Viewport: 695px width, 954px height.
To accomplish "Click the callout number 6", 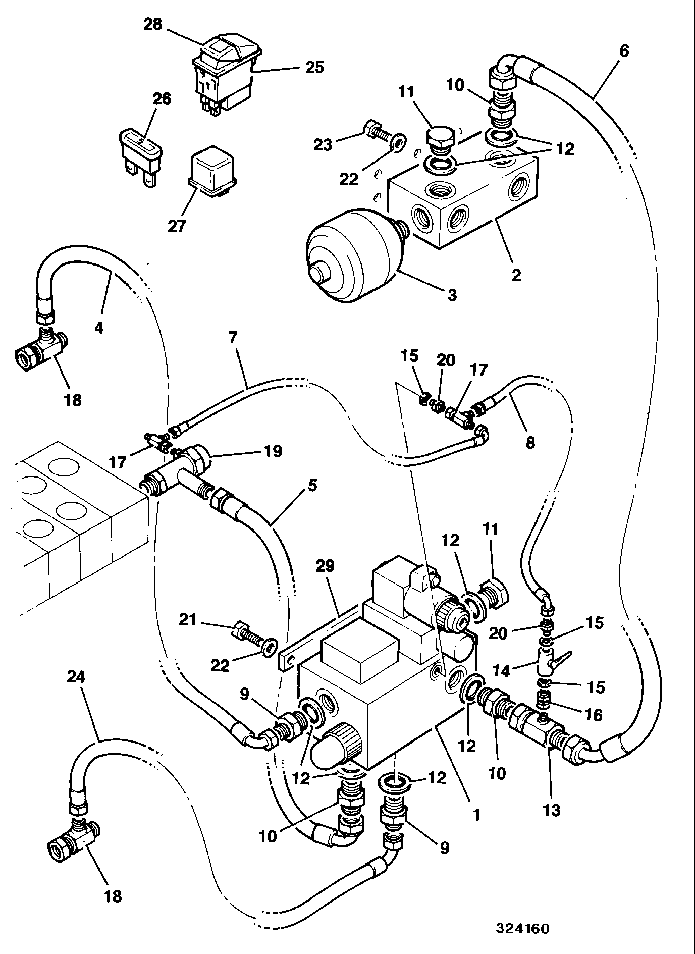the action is pos(624,51).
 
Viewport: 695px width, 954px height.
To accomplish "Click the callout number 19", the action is pos(273,451).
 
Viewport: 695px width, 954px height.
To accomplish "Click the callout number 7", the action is pos(233,338).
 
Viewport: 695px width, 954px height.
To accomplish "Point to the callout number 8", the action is pos(529,442).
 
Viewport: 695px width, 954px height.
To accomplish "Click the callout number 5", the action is pos(312,486).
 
